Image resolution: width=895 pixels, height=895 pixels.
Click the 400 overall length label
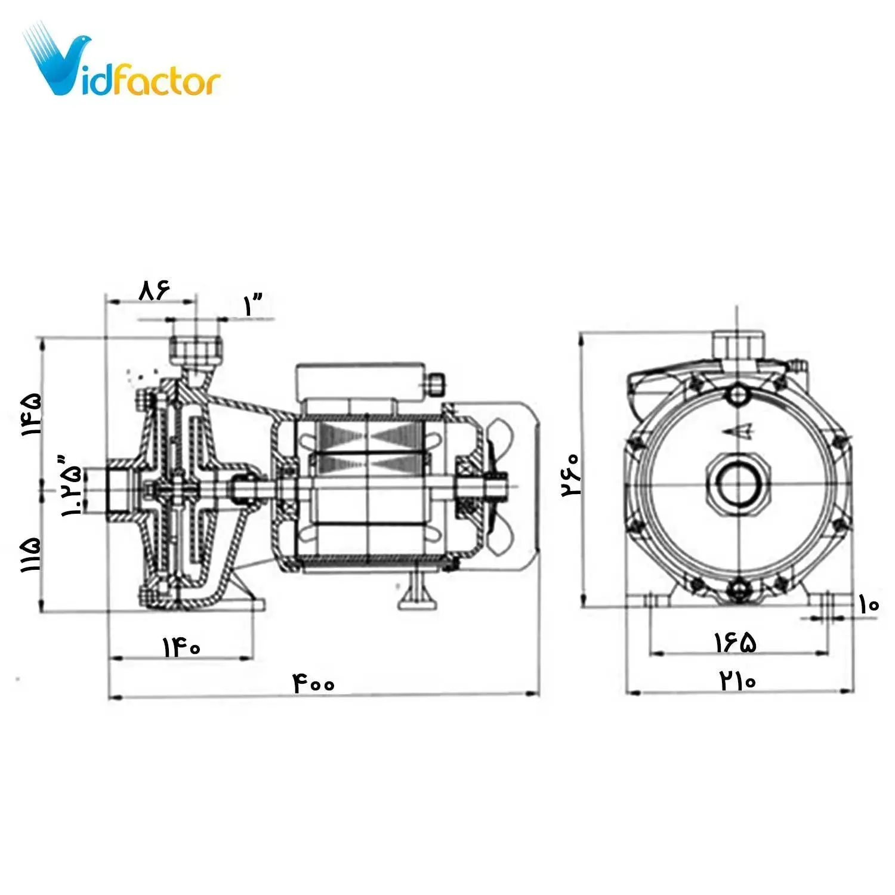click(314, 684)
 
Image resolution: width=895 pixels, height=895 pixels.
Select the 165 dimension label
click(736, 643)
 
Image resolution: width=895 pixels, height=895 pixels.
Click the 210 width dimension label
click(738, 680)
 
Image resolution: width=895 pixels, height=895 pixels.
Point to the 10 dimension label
click(869, 605)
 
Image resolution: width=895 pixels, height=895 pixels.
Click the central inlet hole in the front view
click(738, 484)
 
